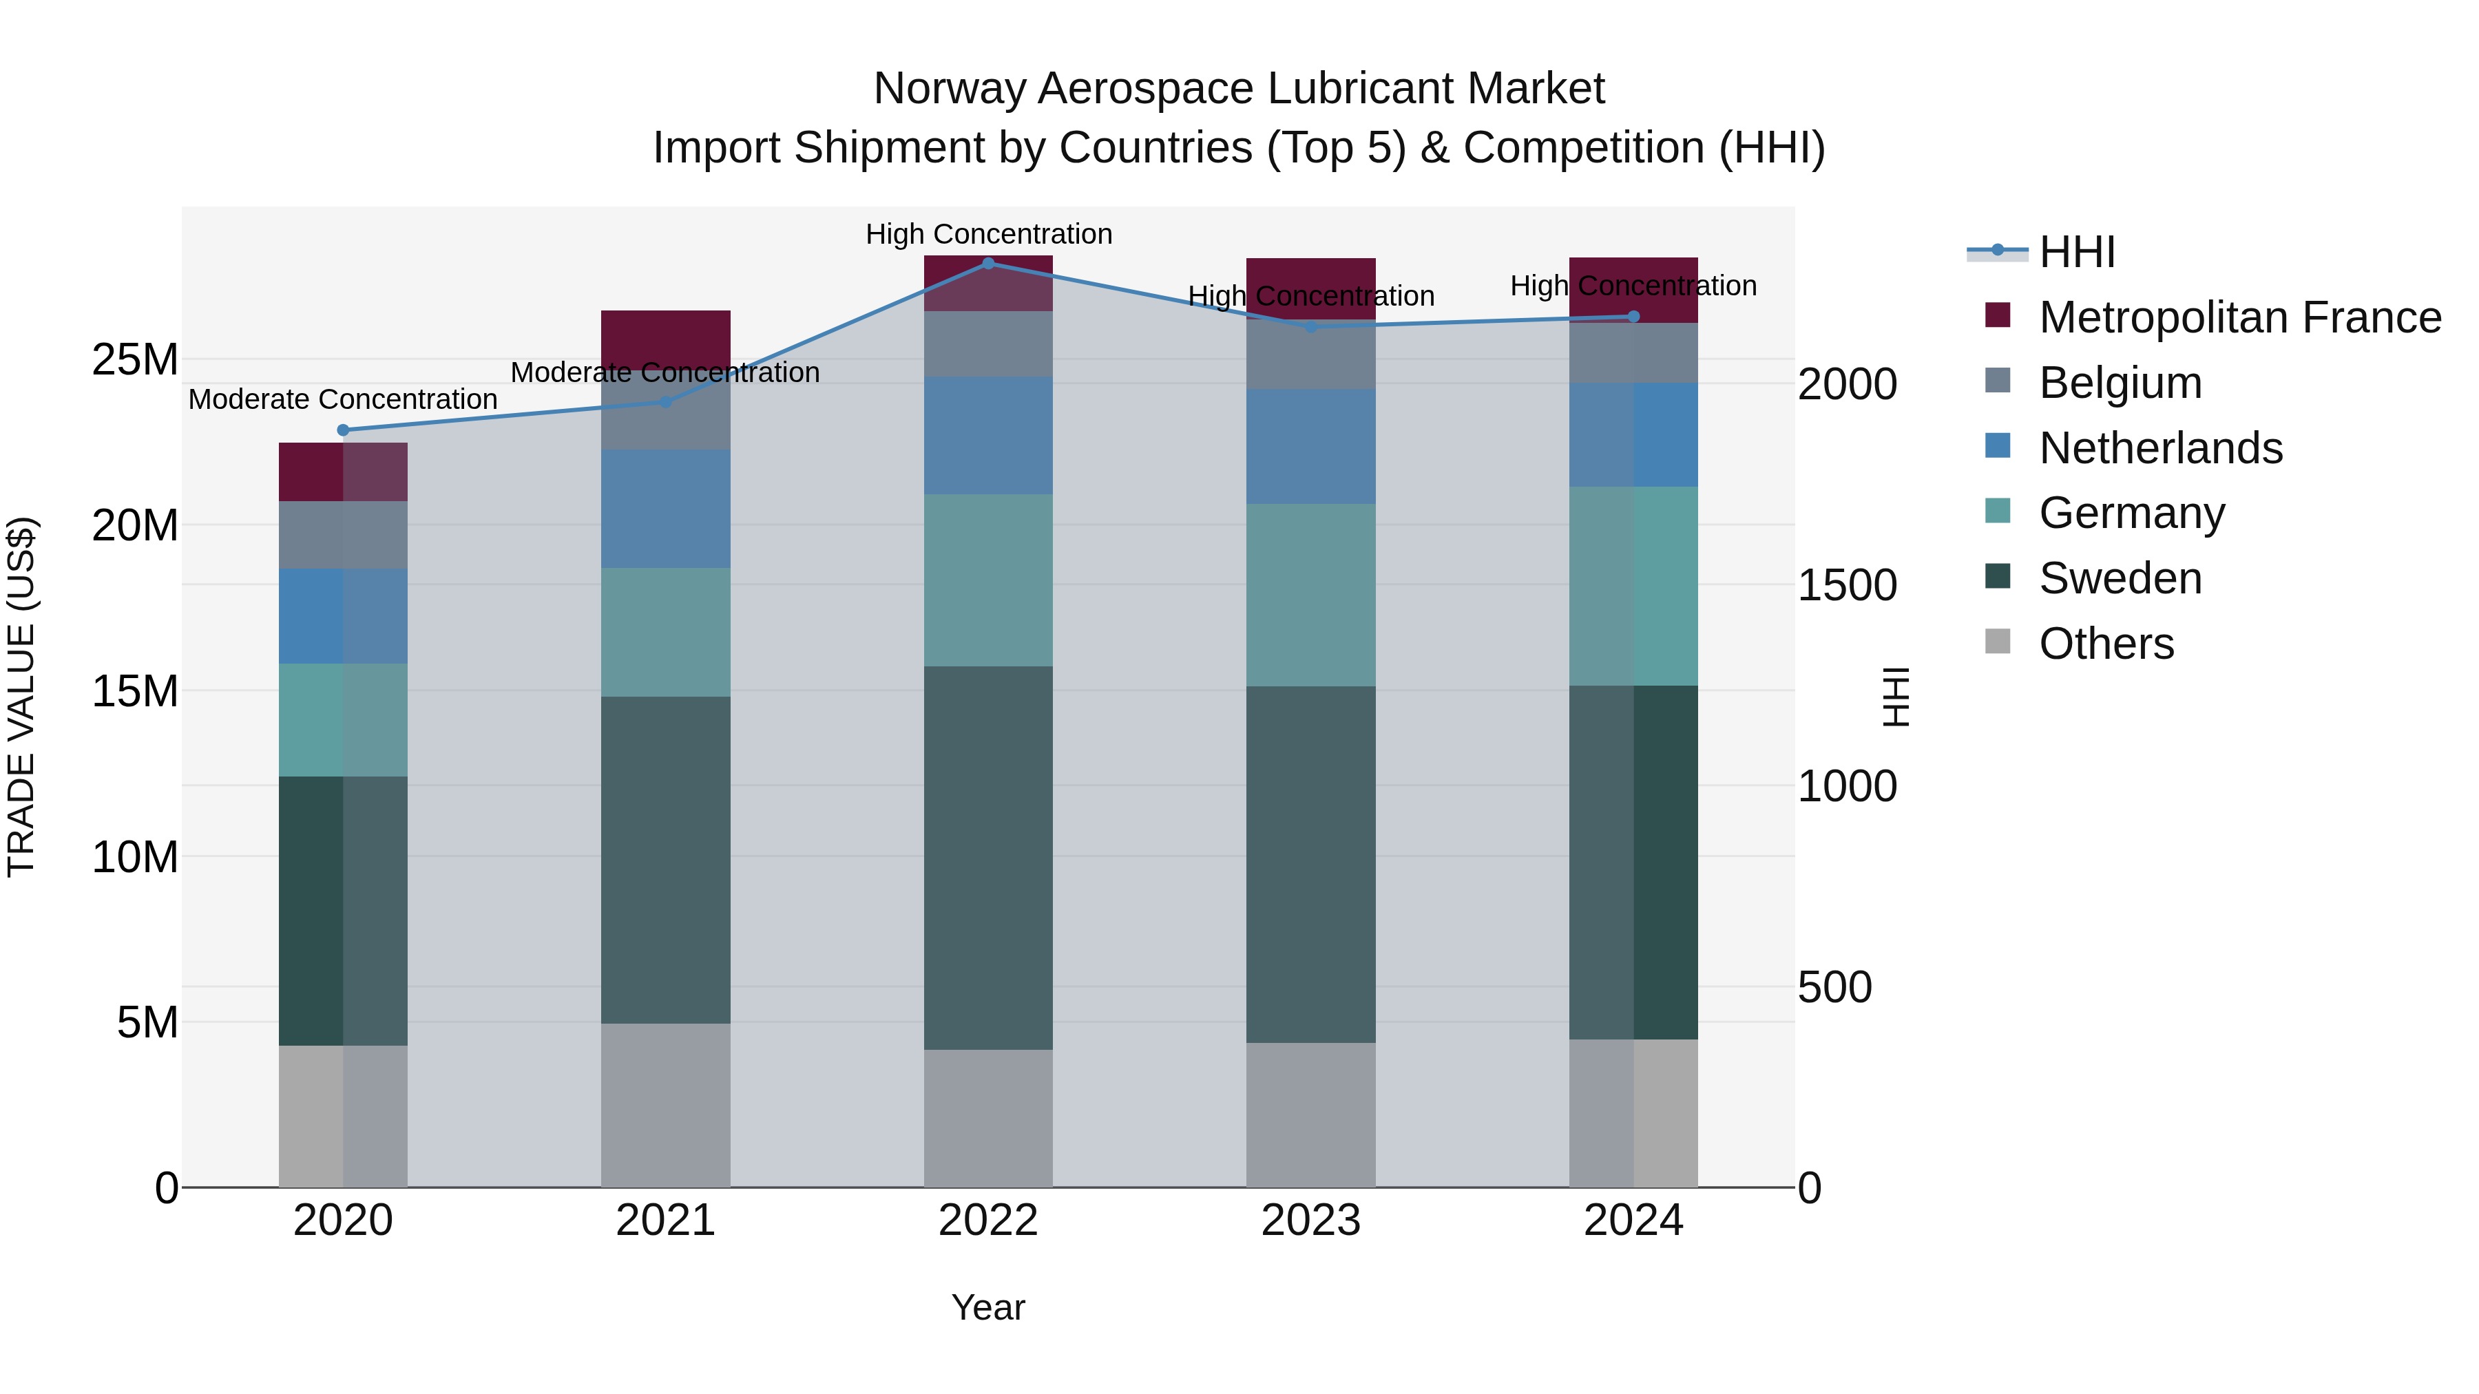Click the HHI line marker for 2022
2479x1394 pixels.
tap(987, 263)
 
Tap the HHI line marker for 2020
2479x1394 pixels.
tap(343, 430)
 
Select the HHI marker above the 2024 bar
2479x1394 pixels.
tap(1633, 317)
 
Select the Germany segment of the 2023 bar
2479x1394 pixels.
tap(1310, 595)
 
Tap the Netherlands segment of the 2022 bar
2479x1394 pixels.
tap(987, 435)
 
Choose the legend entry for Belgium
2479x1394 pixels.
tap(2120, 383)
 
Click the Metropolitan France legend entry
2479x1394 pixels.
tap(2239, 317)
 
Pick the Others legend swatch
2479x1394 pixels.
tap(1998, 642)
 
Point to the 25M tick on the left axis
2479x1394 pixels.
tap(135, 360)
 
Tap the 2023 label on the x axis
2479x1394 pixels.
tap(1310, 1221)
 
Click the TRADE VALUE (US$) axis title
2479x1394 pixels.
tap(21, 697)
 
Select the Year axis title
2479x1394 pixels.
tap(987, 1307)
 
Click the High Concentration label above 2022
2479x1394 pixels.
tap(987, 234)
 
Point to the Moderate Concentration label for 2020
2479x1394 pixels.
tap(343, 399)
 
